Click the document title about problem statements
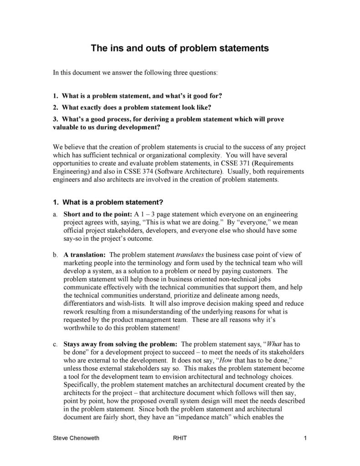coord(180,48)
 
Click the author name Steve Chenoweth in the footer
coord(76,438)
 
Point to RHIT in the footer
coord(180,438)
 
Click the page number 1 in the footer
coord(304,438)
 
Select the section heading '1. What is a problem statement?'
coord(108,202)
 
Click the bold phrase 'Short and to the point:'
coord(98,214)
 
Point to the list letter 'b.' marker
coord(55,254)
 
